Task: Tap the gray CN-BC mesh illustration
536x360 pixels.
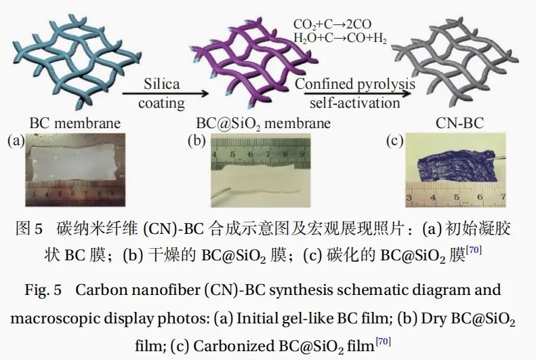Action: point(455,62)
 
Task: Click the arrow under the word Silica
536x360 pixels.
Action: point(165,94)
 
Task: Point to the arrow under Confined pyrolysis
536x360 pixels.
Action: point(357,94)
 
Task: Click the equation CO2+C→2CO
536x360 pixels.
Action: point(332,24)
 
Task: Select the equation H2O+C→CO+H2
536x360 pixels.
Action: point(340,38)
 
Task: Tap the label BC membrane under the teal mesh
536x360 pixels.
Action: point(75,123)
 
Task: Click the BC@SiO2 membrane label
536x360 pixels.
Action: point(263,124)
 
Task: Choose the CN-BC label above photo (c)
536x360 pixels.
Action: point(459,123)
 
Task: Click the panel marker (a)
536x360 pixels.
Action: point(16,140)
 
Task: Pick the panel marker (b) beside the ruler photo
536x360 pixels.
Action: point(197,140)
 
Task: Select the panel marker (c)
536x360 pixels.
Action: point(395,140)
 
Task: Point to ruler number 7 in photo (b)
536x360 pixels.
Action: point(268,154)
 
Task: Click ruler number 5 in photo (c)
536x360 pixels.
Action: point(457,197)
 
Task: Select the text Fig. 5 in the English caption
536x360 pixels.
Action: point(43,290)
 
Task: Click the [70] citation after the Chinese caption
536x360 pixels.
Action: point(474,250)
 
